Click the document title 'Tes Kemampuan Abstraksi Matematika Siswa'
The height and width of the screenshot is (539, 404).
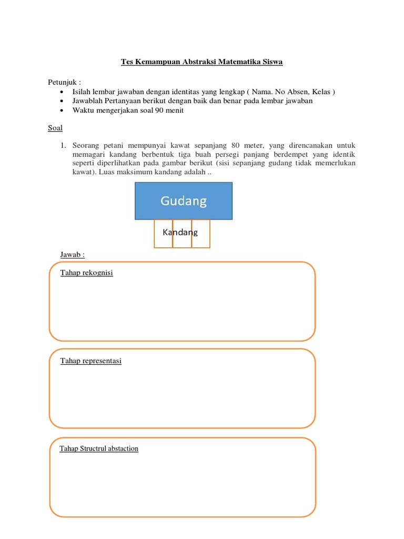click(x=202, y=62)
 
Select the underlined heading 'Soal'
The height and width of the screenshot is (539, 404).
click(x=55, y=128)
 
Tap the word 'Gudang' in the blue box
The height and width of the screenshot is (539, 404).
click(x=184, y=201)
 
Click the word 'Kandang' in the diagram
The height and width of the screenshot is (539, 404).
click(x=180, y=232)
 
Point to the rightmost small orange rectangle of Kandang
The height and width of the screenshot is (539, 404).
click(x=201, y=234)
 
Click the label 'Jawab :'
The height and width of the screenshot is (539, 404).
click(x=73, y=255)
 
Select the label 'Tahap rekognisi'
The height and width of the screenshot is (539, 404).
click(x=87, y=273)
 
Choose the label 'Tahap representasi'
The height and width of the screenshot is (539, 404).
click(x=91, y=361)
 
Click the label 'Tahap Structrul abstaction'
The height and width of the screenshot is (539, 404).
click(x=99, y=448)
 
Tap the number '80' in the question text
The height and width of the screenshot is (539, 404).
click(x=236, y=145)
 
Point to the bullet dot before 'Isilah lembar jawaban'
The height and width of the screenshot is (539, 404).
click(x=62, y=92)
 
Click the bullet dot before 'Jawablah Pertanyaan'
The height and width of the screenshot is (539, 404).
click(x=62, y=101)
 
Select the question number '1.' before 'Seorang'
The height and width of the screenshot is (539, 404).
click(x=63, y=145)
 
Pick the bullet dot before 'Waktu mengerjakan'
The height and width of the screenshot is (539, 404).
click(x=62, y=111)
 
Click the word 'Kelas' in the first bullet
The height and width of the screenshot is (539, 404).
click(x=320, y=92)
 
